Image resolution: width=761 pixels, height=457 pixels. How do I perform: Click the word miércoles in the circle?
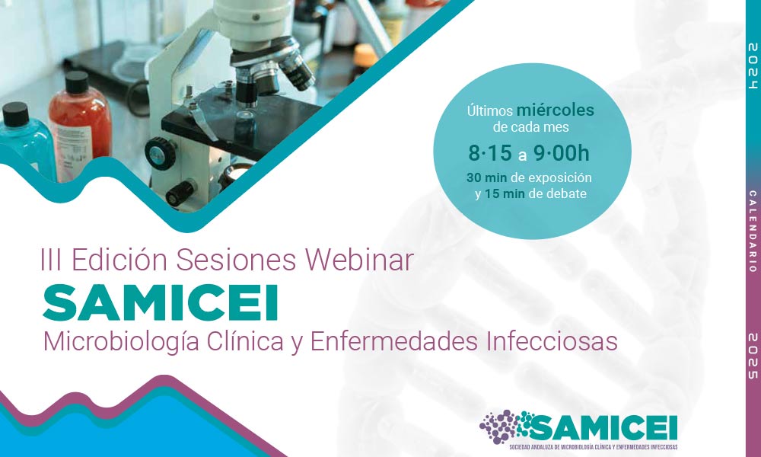pyautogui.click(x=556, y=110)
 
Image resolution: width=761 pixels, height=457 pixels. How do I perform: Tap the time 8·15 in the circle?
pyautogui.click(x=490, y=153)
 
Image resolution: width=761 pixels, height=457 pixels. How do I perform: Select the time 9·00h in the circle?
pyautogui.click(x=562, y=153)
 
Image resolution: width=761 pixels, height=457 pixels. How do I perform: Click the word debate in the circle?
pyautogui.click(x=567, y=193)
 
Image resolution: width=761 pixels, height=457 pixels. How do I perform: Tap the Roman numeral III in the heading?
pyautogui.click(x=51, y=260)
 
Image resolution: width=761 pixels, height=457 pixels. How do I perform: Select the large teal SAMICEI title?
pyautogui.click(x=161, y=303)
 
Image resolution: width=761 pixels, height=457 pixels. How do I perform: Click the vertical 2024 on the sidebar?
pyautogui.click(x=753, y=66)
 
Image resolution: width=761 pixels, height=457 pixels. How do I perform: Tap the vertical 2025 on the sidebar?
pyautogui.click(x=753, y=356)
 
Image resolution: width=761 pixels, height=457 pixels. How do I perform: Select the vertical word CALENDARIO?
pyautogui.click(x=753, y=232)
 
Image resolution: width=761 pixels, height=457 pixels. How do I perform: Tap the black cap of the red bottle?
pyautogui.click(x=77, y=82)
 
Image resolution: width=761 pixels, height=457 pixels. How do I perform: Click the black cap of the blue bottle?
pyautogui.click(x=15, y=114)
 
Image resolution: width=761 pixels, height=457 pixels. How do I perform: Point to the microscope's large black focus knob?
pyautogui.click(x=161, y=153)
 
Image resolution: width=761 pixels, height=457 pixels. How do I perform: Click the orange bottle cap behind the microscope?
pyautogui.click(x=365, y=55)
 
